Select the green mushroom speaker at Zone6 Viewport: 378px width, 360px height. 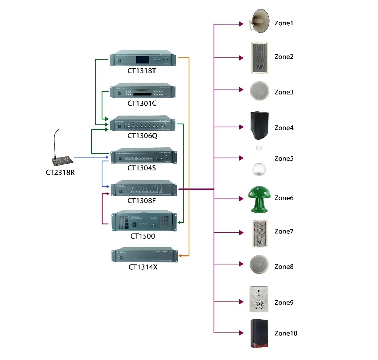coord(259,199)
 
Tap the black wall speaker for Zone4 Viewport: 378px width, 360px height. coord(259,126)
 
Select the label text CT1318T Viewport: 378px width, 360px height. coord(142,70)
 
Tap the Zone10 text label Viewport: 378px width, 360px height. coord(286,333)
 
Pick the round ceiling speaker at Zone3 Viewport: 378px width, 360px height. coord(259,91)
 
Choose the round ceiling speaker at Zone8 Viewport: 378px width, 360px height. coord(259,265)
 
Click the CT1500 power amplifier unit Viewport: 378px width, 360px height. coord(144,221)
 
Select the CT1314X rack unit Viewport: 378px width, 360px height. coord(144,256)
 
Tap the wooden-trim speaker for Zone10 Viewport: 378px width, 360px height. coord(259,333)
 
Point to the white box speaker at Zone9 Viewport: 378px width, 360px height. coord(259,299)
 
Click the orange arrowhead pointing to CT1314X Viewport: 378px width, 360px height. coord(180,256)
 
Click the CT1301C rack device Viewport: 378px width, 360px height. coord(143,91)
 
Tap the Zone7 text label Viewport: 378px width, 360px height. coord(284,231)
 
